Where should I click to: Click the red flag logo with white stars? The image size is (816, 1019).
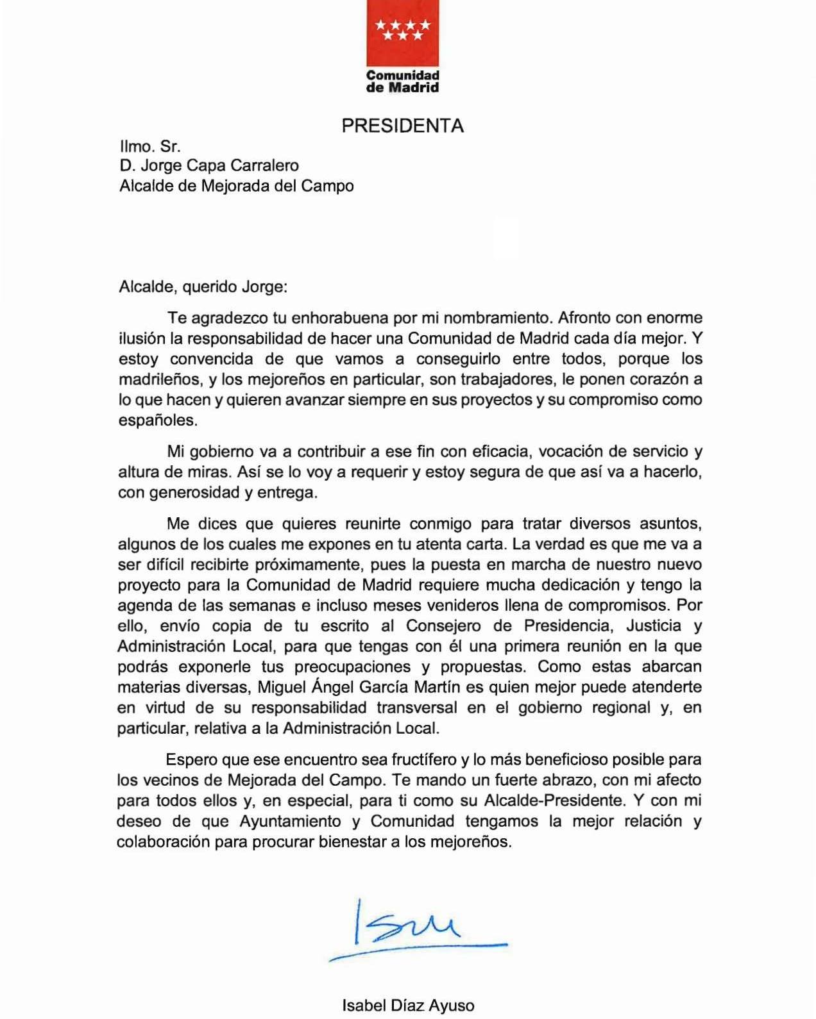[402, 31]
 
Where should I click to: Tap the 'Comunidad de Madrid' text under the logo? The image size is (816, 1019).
[402, 81]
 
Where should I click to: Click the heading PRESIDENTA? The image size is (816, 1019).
[402, 126]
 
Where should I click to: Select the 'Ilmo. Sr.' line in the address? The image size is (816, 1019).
[150, 145]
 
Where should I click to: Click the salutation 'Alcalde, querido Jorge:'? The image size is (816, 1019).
[203, 286]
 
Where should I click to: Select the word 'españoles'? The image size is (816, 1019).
[157, 420]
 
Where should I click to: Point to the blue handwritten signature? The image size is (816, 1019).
[411, 930]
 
